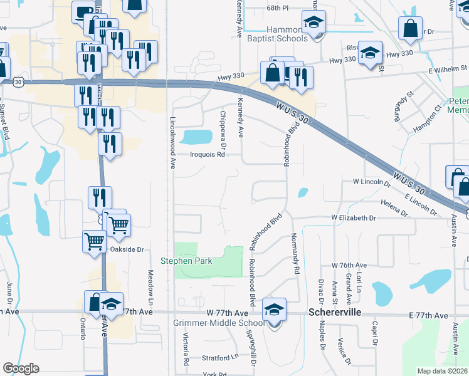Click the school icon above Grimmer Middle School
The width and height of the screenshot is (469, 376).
274,310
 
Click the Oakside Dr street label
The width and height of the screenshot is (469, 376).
127,249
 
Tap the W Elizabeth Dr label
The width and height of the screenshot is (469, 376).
354,218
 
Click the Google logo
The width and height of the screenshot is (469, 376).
21,368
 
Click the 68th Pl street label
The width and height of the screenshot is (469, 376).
277,8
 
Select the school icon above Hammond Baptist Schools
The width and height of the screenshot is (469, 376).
313,23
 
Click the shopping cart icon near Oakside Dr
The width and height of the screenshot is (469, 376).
94,240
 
